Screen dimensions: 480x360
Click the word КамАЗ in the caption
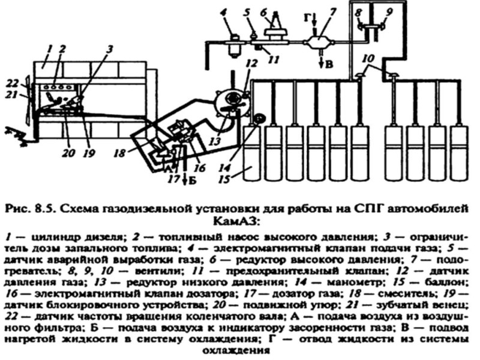pyautogui.click(x=240, y=220)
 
